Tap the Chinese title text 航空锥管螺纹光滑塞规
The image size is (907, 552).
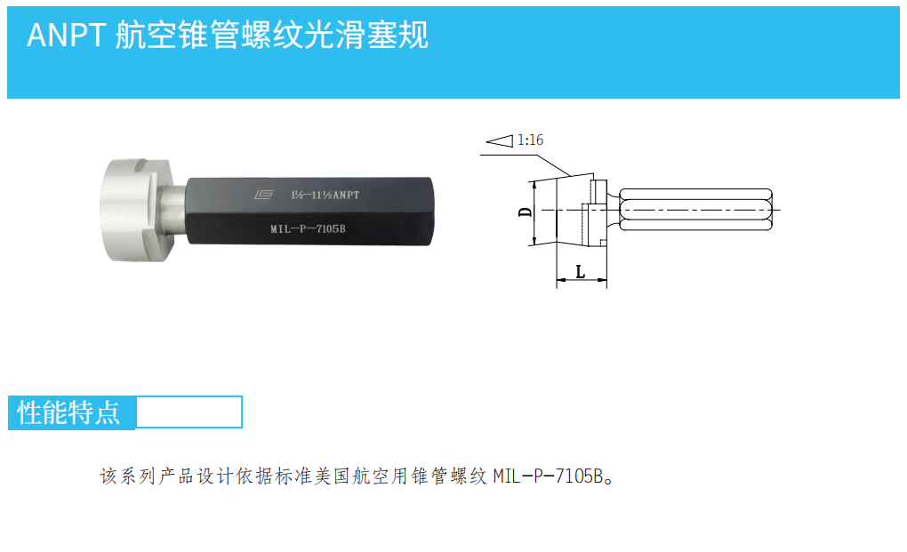pyautogui.click(x=272, y=35)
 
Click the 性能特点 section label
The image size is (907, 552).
pyautogui.click(x=70, y=412)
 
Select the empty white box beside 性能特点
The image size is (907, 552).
pyautogui.click(x=189, y=412)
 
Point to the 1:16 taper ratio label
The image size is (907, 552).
pyautogui.click(x=530, y=140)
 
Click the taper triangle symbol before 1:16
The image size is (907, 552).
pyautogui.click(x=500, y=140)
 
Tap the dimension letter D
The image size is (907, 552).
pyautogui.click(x=526, y=212)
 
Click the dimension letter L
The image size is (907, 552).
pyautogui.click(x=581, y=271)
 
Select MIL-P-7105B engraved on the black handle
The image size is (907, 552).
pyautogui.click(x=307, y=228)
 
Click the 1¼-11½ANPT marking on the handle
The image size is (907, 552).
pyautogui.click(x=325, y=193)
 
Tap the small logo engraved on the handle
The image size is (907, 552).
pyautogui.click(x=264, y=192)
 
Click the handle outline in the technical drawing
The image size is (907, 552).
pyautogui.click(x=694, y=210)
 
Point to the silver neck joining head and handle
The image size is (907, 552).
pyautogui.click(x=173, y=211)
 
